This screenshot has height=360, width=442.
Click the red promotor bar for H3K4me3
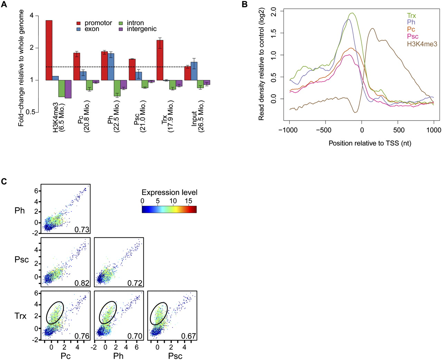click(x=49, y=50)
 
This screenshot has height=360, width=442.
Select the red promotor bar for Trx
click(x=160, y=60)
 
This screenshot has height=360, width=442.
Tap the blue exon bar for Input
click(x=194, y=71)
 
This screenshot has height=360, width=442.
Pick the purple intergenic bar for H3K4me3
click(x=68, y=89)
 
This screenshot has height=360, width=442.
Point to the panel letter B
click(x=244, y=4)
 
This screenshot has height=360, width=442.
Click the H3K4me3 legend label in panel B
click(x=422, y=44)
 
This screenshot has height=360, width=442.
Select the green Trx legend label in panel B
click(x=412, y=16)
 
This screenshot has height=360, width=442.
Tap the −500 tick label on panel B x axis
click(x=323, y=130)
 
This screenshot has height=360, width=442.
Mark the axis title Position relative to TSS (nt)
click(x=370, y=143)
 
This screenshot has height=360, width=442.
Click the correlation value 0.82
click(x=82, y=283)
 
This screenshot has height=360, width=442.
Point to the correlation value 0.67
click(x=189, y=336)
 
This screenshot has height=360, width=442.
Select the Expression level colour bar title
click(x=170, y=192)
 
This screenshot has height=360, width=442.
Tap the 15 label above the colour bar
click(x=188, y=201)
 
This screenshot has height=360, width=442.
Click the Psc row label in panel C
click(x=22, y=260)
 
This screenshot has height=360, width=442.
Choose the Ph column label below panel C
click(x=118, y=356)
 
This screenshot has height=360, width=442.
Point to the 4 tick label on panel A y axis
click(x=32, y=16)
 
